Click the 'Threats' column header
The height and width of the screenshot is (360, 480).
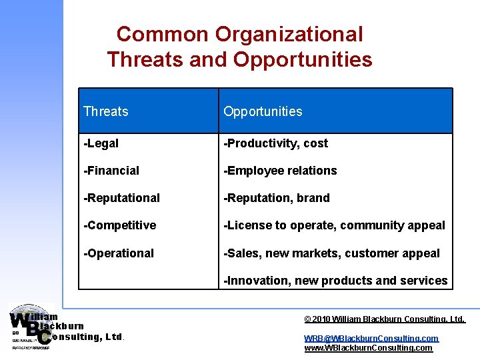point(106,111)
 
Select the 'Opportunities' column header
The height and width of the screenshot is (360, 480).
point(263,111)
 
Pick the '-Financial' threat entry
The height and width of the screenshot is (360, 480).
point(111,171)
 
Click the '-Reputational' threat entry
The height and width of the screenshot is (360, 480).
point(121,198)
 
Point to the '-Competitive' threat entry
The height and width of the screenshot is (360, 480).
point(119,225)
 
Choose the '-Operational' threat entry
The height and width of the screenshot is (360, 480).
point(119,253)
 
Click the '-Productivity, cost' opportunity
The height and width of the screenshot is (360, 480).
point(275,143)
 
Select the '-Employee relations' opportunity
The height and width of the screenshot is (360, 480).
point(280,171)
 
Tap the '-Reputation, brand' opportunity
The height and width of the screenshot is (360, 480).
point(277,198)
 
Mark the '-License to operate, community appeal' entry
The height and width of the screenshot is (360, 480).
point(334,225)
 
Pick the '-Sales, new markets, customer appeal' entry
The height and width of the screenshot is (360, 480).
point(331,253)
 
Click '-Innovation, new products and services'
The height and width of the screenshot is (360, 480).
point(335,281)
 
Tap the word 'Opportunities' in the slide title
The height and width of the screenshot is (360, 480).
point(303,60)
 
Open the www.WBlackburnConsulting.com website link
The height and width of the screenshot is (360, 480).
point(368,348)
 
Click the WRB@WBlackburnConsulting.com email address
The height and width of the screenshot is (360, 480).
point(371,339)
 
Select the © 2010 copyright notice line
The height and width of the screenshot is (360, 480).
point(384,320)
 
